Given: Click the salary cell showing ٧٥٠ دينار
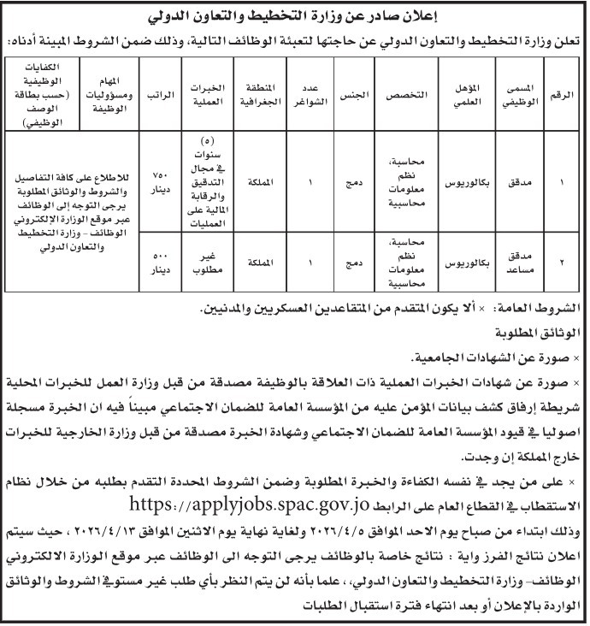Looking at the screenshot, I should click(158, 181).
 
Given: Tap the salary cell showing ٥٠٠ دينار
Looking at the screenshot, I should click(158, 260).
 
